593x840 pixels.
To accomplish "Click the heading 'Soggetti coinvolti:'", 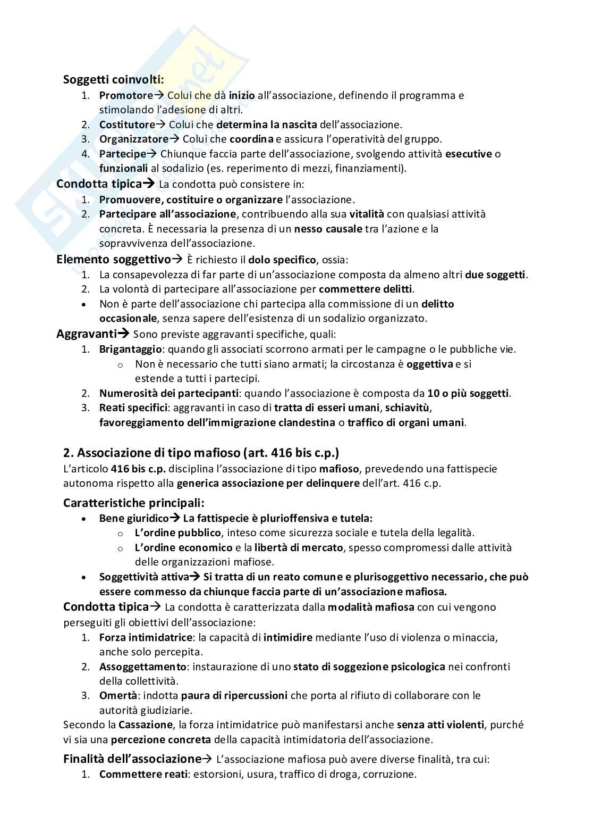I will coord(113,80).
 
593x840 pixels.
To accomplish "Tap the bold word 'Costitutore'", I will coord(127,124).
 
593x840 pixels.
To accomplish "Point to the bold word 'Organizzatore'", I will coord(133,139).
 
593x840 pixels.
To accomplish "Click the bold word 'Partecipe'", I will coord(122,154).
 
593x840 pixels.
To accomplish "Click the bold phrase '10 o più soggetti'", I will coord(468,394).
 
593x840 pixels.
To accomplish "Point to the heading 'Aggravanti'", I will coord(86,334).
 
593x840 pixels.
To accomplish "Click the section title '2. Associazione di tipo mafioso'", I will coord(201,453).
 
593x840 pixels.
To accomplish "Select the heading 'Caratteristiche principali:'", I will coord(133,503).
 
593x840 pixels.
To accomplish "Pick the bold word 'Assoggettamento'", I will coord(142,667).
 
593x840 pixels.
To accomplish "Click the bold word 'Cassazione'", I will coord(146,725).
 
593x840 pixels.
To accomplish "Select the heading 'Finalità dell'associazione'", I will coord(132,759).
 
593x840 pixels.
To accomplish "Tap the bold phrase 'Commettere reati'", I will coord(143,775).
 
